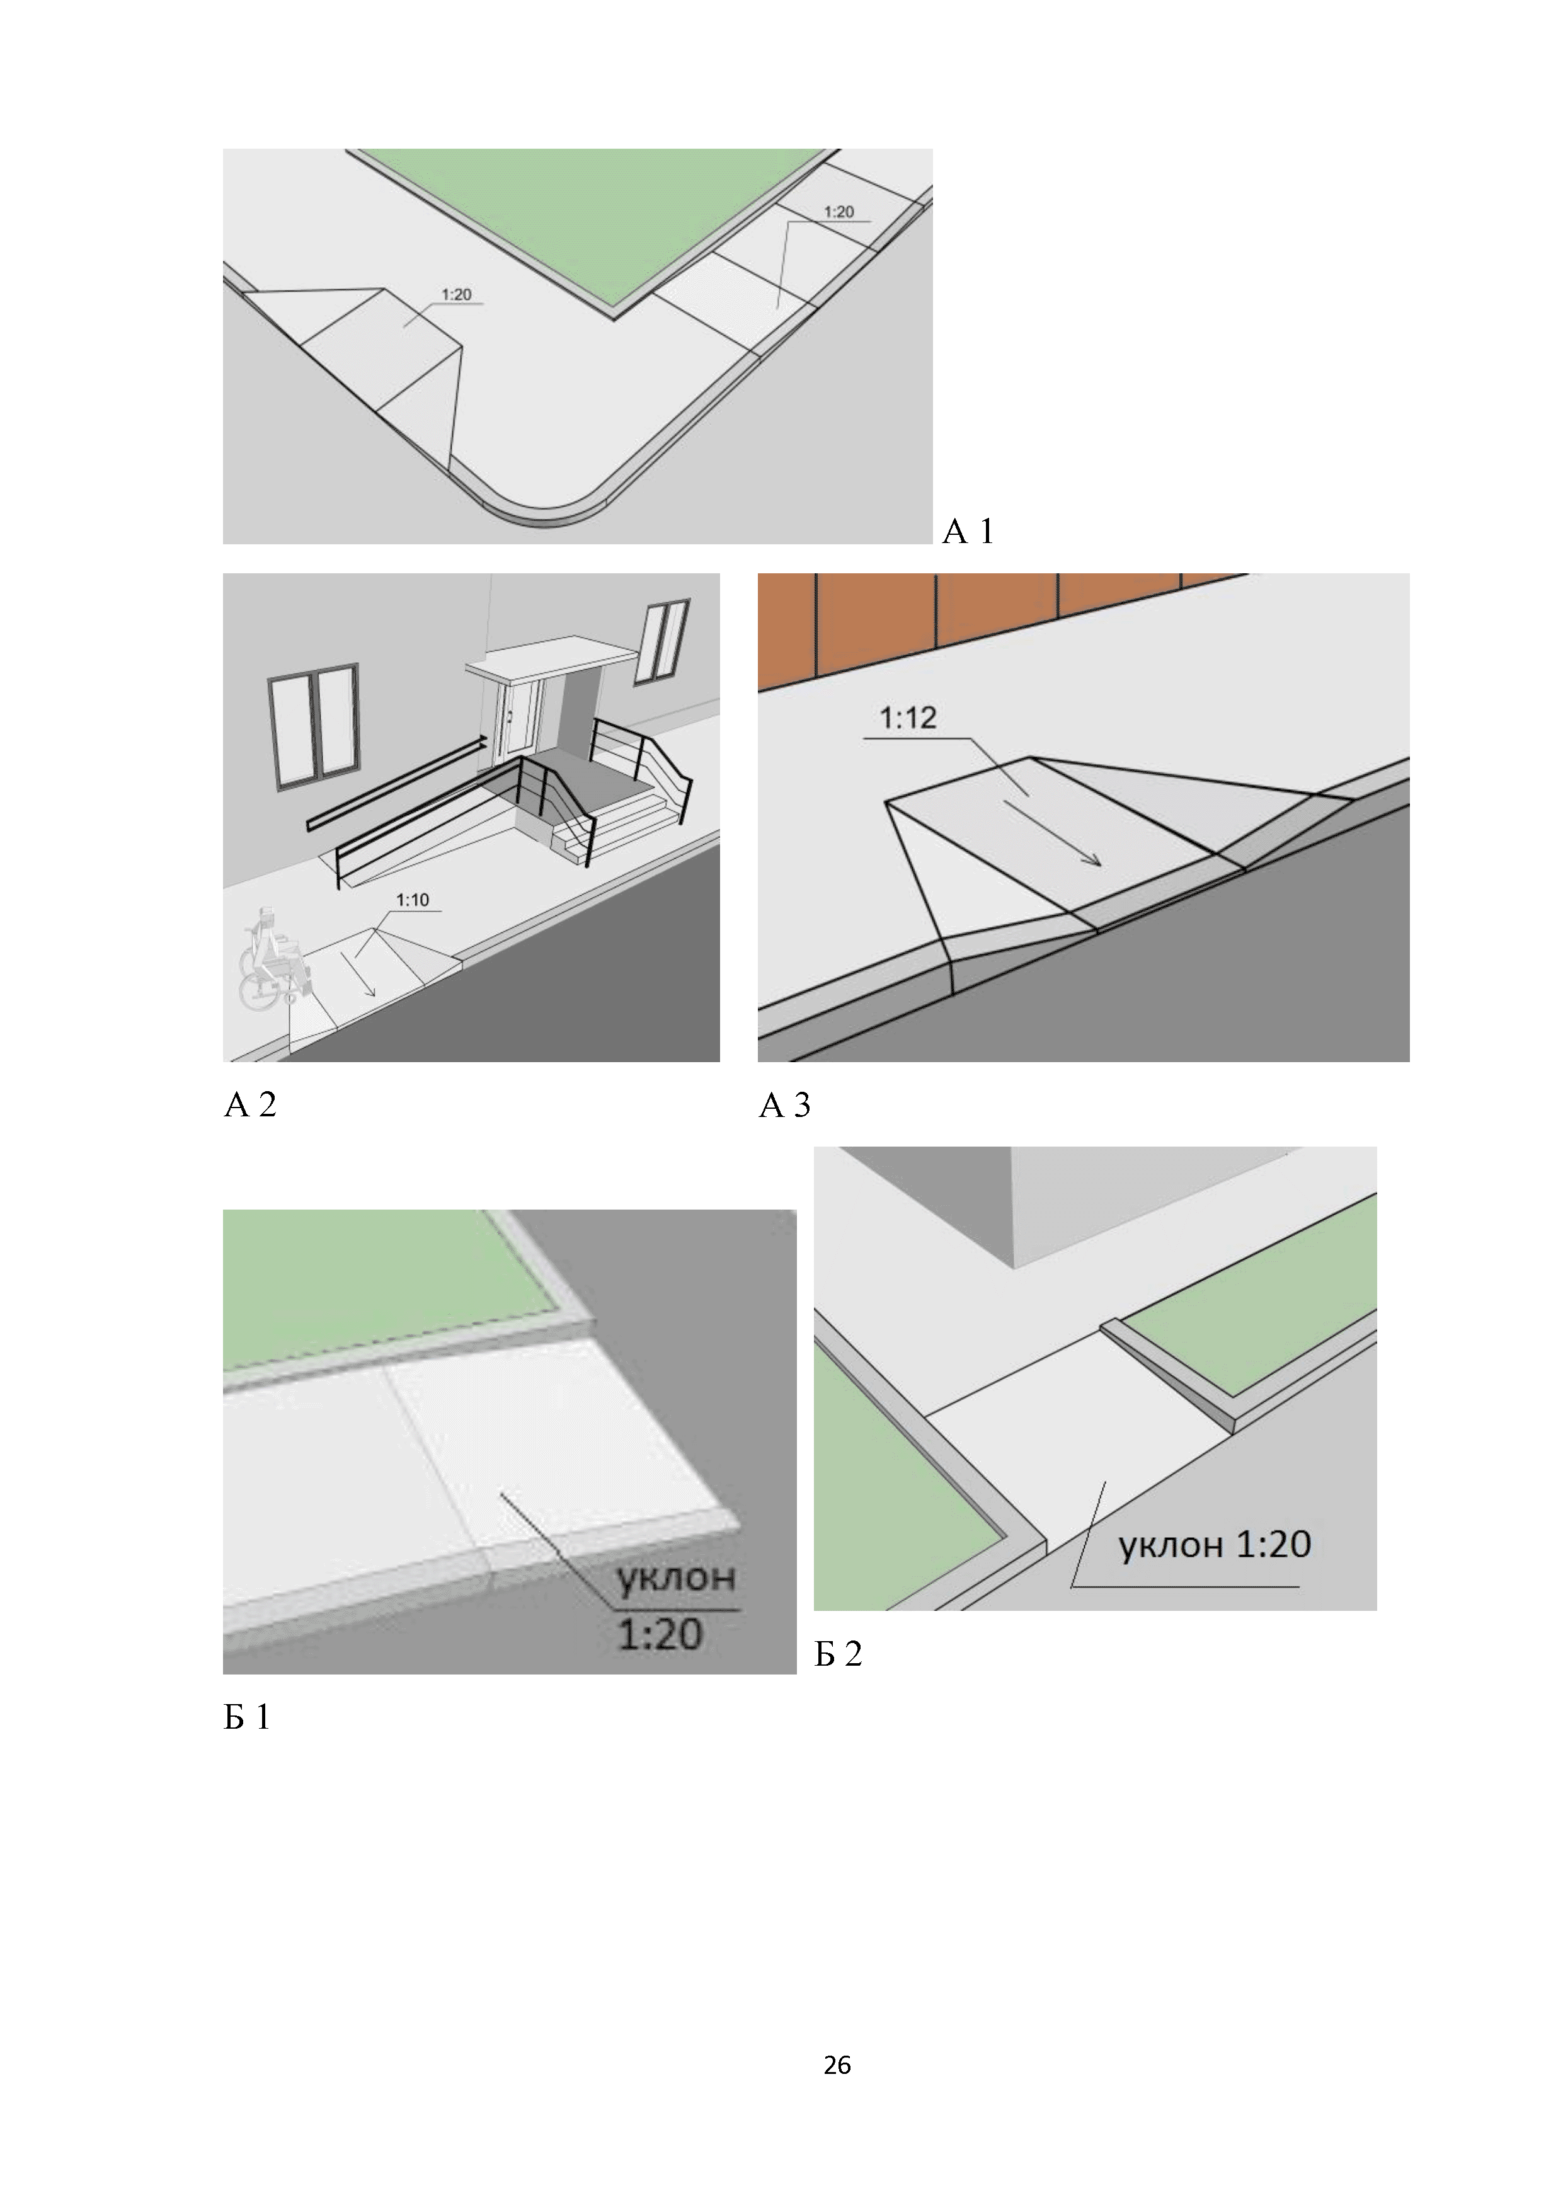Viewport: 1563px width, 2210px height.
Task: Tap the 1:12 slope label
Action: pyautogui.click(x=908, y=718)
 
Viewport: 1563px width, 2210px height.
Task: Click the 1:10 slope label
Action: pyautogui.click(x=412, y=900)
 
